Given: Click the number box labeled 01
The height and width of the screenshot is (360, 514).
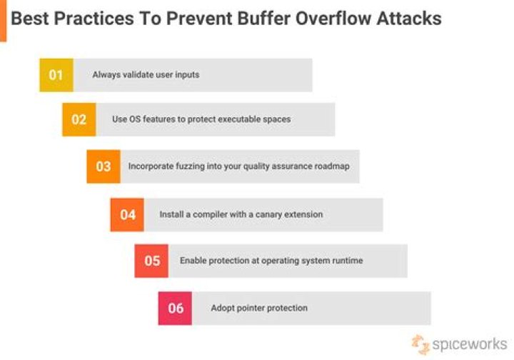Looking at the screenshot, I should pos(56,75).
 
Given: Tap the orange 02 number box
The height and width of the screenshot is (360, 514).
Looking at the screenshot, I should pos(79,119).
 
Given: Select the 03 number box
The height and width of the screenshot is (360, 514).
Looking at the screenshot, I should pos(104,166).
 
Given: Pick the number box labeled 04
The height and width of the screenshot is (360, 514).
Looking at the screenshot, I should pos(127,214).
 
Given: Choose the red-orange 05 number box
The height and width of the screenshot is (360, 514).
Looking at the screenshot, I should pos(151,261).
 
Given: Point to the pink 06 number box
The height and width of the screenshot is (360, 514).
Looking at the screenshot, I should pos(175,308).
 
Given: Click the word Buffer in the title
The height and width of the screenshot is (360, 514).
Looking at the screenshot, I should pos(260,18).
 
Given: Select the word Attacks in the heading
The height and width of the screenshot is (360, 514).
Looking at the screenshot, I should pos(410,18).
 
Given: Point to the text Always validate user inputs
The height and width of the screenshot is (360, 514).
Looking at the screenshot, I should pos(146,75).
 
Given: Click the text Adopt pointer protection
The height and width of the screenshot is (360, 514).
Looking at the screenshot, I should pos(259,308).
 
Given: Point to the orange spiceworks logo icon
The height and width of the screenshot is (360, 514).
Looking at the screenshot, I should pos(420,343).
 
